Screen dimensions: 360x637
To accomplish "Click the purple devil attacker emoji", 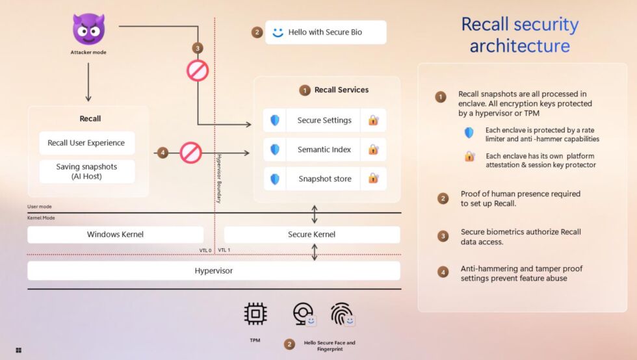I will coord(88,29).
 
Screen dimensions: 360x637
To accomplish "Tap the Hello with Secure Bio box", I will coord(326,32).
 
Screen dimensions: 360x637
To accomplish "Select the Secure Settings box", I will coord(324,120).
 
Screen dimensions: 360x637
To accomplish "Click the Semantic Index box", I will coord(324,149).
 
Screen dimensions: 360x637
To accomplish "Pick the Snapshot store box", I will coord(324,179).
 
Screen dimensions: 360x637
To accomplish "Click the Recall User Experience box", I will coord(86,143).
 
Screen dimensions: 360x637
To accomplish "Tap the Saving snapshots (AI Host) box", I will coord(86,172).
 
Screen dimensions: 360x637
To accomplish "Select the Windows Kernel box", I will coord(115,234).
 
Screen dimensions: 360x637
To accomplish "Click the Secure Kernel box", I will coord(311,234).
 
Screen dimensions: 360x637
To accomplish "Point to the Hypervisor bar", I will coord(214,270).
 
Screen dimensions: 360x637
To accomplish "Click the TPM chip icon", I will coord(255,314).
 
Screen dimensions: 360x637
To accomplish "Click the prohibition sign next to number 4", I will coord(191,153).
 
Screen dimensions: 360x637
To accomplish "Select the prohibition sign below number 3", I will coord(198,70).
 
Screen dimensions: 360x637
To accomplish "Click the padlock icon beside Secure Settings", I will coord(373,120).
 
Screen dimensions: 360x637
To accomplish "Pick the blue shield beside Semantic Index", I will coord(275,149).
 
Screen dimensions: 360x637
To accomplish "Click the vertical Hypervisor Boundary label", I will coord(219,178).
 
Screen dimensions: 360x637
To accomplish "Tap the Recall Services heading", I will coord(341,90).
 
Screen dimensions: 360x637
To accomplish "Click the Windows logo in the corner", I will coord(19,350).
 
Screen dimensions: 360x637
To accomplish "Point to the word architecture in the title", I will coord(519,46).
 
